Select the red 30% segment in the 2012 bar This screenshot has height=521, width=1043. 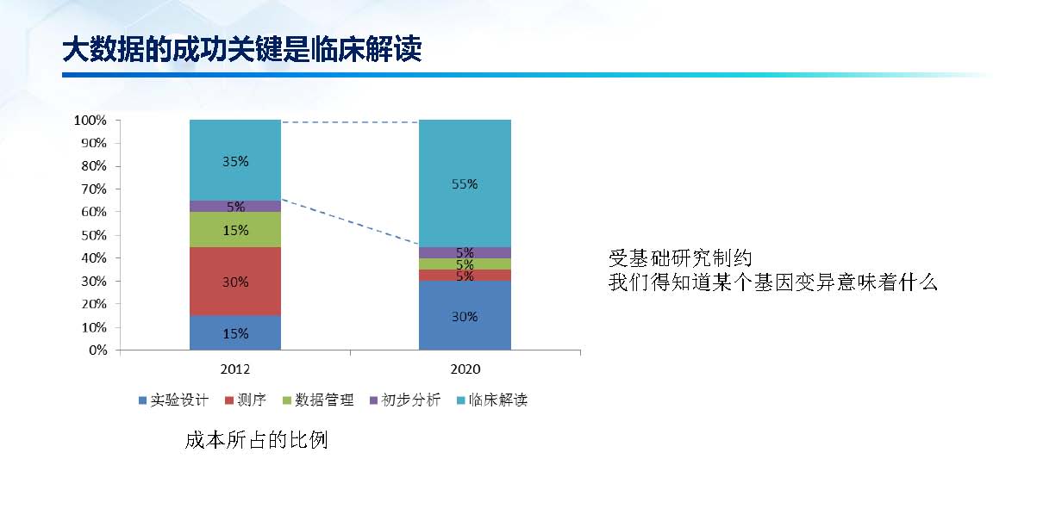click(x=234, y=282)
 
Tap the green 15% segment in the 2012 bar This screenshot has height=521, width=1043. click(x=234, y=230)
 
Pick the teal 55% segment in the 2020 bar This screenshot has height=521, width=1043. click(x=465, y=183)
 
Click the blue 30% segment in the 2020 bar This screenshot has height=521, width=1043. click(x=465, y=316)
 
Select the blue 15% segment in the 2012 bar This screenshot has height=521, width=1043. click(x=234, y=333)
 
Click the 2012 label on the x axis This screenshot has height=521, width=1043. click(x=234, y=369)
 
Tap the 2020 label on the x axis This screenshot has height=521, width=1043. click(x=465, y=369)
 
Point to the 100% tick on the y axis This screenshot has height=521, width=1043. click(x=91, y=121)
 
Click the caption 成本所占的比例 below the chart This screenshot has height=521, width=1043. click(x=256, y=441)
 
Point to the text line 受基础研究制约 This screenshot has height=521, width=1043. click(x=681, y=257)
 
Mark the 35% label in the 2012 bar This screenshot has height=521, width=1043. click(x=234, y=161)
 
